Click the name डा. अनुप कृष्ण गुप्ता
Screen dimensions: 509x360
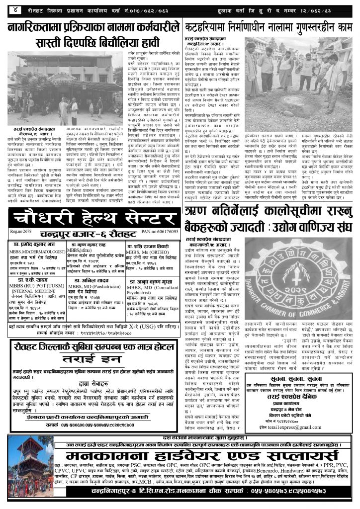(150, 293)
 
